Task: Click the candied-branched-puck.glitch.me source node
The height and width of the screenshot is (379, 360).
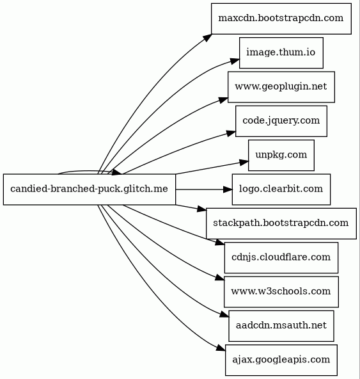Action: click(x=90, y=189)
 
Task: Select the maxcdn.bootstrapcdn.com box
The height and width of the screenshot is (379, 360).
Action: click(x=281, y=19)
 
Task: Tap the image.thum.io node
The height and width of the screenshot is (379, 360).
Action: click(x=281, y=52)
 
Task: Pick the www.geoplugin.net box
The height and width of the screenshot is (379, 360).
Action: click(x=281, y=87)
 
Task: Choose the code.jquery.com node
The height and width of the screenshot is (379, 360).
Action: click(x=281, y=121)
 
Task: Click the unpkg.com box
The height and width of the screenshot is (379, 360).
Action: click(x=281, y=155)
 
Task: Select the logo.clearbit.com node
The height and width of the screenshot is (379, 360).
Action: click(x=281, y=189)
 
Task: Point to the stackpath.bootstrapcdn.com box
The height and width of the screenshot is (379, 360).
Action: click(x=281, y=223)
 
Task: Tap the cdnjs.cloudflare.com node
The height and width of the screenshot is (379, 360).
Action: click(x=281, y=257)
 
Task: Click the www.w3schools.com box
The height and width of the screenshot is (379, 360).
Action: click(x=281, y=292)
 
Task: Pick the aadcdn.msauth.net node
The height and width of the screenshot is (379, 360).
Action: click(x=281, y=326)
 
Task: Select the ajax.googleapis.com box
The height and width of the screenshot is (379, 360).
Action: click(x=281, y=360)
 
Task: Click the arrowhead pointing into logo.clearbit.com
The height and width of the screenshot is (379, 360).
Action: click(x=228, y=189)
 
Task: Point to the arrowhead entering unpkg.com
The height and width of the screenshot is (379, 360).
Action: click(x=244, y=162)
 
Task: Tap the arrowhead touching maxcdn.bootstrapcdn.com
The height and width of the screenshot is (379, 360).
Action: click(x=207, y=38)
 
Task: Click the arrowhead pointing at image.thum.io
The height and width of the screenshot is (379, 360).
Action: click(x=235, y=61)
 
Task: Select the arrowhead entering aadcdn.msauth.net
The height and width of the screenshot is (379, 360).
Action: click(x=224, y=314)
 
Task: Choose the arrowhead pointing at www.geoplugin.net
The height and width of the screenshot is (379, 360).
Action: click(x=223, y=100)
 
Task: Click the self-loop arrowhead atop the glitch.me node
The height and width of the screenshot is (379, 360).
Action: click(x=117, y=172)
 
